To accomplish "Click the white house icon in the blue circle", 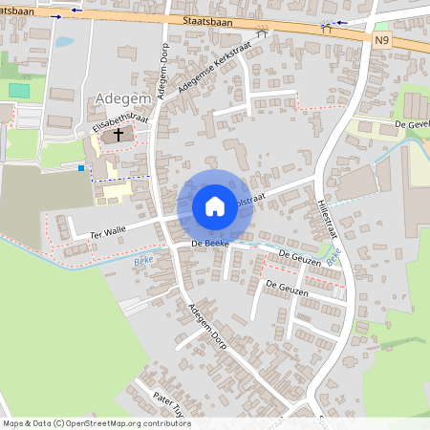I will (214, 205).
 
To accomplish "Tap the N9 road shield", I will (383, 39).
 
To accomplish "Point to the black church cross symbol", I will (118, 135).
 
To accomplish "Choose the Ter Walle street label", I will (108, 231).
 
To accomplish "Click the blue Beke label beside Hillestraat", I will (333, 256).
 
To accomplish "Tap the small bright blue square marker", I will (81, 168).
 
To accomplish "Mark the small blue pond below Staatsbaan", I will (64, 42).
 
